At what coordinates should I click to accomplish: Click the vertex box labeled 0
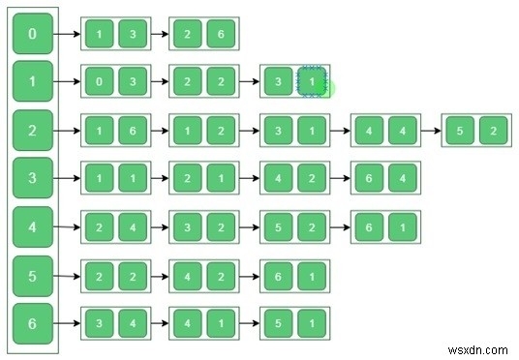click(33, 35)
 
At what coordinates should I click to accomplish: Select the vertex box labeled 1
click(33, 83)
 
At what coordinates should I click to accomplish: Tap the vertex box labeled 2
click(33, 130)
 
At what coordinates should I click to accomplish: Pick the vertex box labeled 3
click(33, 178)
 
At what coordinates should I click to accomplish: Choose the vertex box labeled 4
click(33, 226)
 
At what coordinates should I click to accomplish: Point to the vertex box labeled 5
click(33, 276)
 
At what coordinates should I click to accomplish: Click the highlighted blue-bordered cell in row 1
click(311, 83)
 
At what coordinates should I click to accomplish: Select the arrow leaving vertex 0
click(67, 35)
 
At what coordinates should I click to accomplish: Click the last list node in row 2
click(475, 131)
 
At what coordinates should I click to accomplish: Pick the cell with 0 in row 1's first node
click(99, 83)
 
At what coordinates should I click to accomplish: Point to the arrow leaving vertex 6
click(67, 322)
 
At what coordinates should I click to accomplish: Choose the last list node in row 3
click(385, 178)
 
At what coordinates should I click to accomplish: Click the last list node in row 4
click(385, 226)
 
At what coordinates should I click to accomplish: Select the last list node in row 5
click(295, 276)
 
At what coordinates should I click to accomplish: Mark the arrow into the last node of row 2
click(429, 131)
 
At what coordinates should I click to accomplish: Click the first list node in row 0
click(115, 35)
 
